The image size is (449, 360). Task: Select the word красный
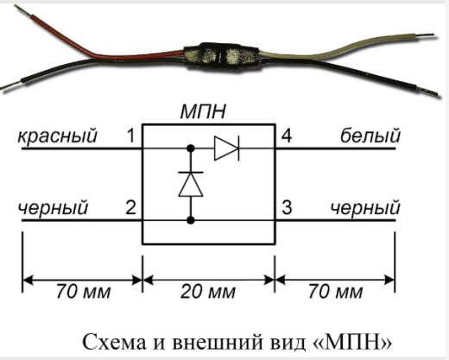[x=57, y=136]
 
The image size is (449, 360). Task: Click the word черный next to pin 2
[x=54, y=208]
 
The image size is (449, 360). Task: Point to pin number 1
[x=130, y=136]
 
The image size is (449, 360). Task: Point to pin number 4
[x=286, y=136]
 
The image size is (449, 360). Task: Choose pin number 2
[x=130, y=208]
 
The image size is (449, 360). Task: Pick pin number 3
[x=286, y=208]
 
